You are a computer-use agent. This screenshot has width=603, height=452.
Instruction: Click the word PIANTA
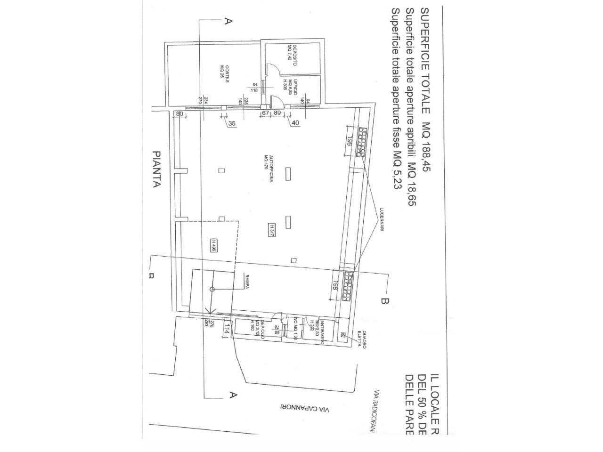pyautogui.click(x=157, y=169)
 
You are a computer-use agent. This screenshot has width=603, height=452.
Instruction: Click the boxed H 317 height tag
pyautogui.click(x=272, y=230)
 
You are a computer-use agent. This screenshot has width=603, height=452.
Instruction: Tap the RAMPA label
pyautogui.click(x=246, y=281)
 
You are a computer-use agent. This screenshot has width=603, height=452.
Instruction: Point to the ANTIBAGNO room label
pyautogui.click(x=320, y=333)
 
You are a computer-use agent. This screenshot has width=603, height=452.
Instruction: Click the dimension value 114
pyautogui.click(x=227, y=328)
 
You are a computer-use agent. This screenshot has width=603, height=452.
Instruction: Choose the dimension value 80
pyautogui.click(x=179, y=113)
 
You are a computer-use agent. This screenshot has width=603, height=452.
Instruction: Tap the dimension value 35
pyautogui.click(x=231, y=123)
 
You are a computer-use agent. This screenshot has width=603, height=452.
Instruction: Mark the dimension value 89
pyautogui.click(x=277, y=113)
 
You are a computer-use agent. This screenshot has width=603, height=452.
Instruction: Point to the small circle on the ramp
pyautogui.click(x=212, y=289)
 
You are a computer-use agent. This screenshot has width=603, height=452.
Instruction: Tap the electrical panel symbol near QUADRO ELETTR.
pyautogui.click(x=343, y=335)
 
